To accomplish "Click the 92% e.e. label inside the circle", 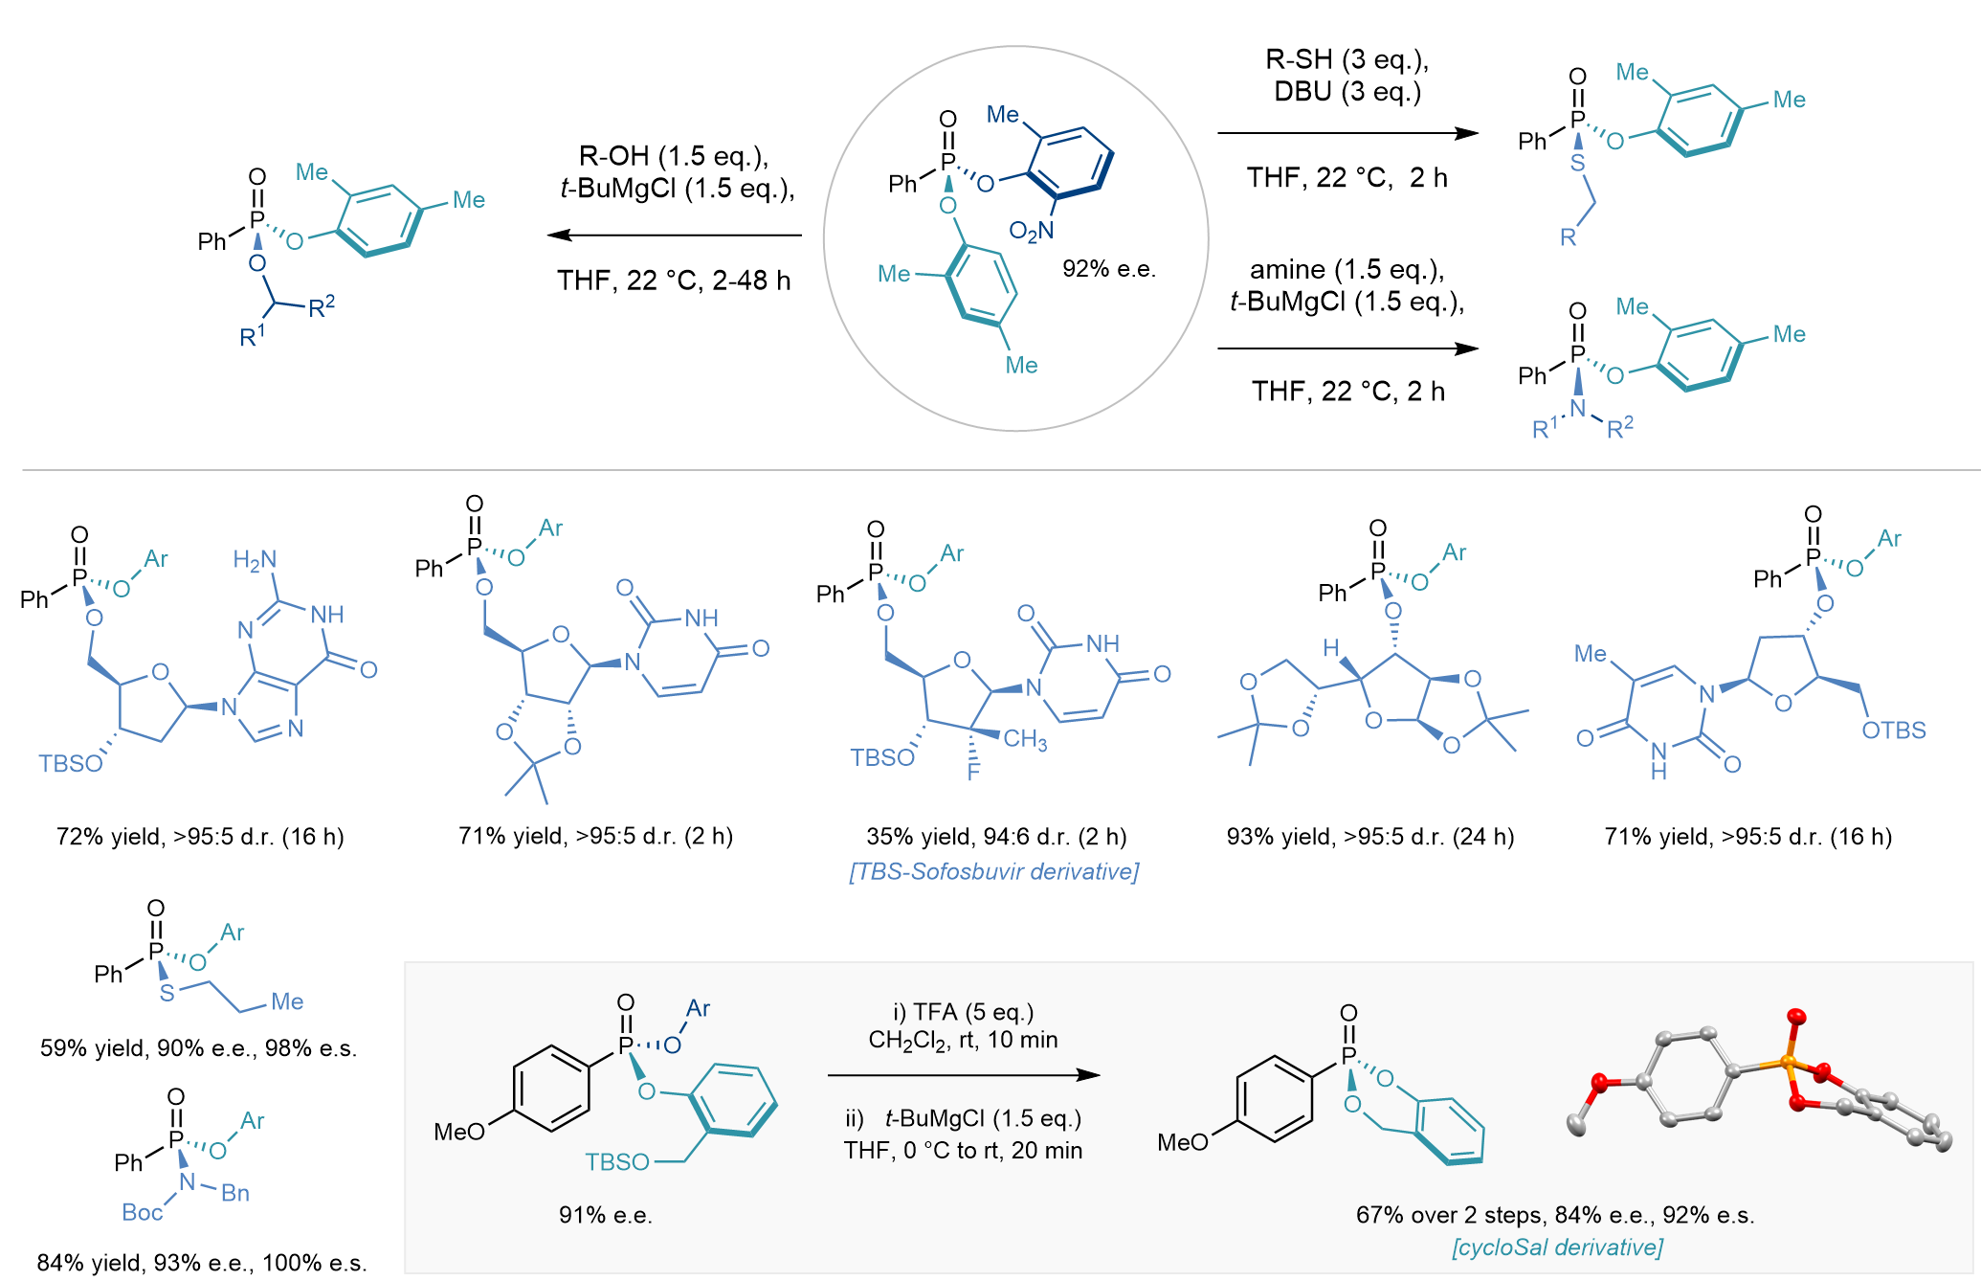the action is (1109, 269).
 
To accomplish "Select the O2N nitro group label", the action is (1032, 231).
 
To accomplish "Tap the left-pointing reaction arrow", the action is (675, 235).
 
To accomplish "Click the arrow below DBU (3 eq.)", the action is (1348, 133).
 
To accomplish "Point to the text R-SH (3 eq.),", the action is (1347, 59).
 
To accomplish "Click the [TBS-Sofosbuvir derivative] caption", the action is (994, 871).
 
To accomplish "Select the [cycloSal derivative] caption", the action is (1557, 1247).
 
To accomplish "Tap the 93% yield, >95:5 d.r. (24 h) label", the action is (1370, 837).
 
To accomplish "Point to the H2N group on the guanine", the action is (255, 560).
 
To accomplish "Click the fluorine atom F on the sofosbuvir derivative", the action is (973, 771).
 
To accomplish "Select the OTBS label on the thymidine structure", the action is (1894, 730).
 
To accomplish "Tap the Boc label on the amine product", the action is (143, 1212).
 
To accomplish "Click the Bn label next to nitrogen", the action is (235, 1193).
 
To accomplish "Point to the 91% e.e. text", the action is (606, 1215).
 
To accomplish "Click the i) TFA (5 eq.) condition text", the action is (964, 1012).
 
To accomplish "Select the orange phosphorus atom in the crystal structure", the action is (1788, 1062).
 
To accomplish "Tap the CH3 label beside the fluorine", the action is (1025, 740).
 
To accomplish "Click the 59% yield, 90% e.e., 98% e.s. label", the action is (198, 1048).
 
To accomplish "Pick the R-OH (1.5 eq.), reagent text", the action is (674, 156).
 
